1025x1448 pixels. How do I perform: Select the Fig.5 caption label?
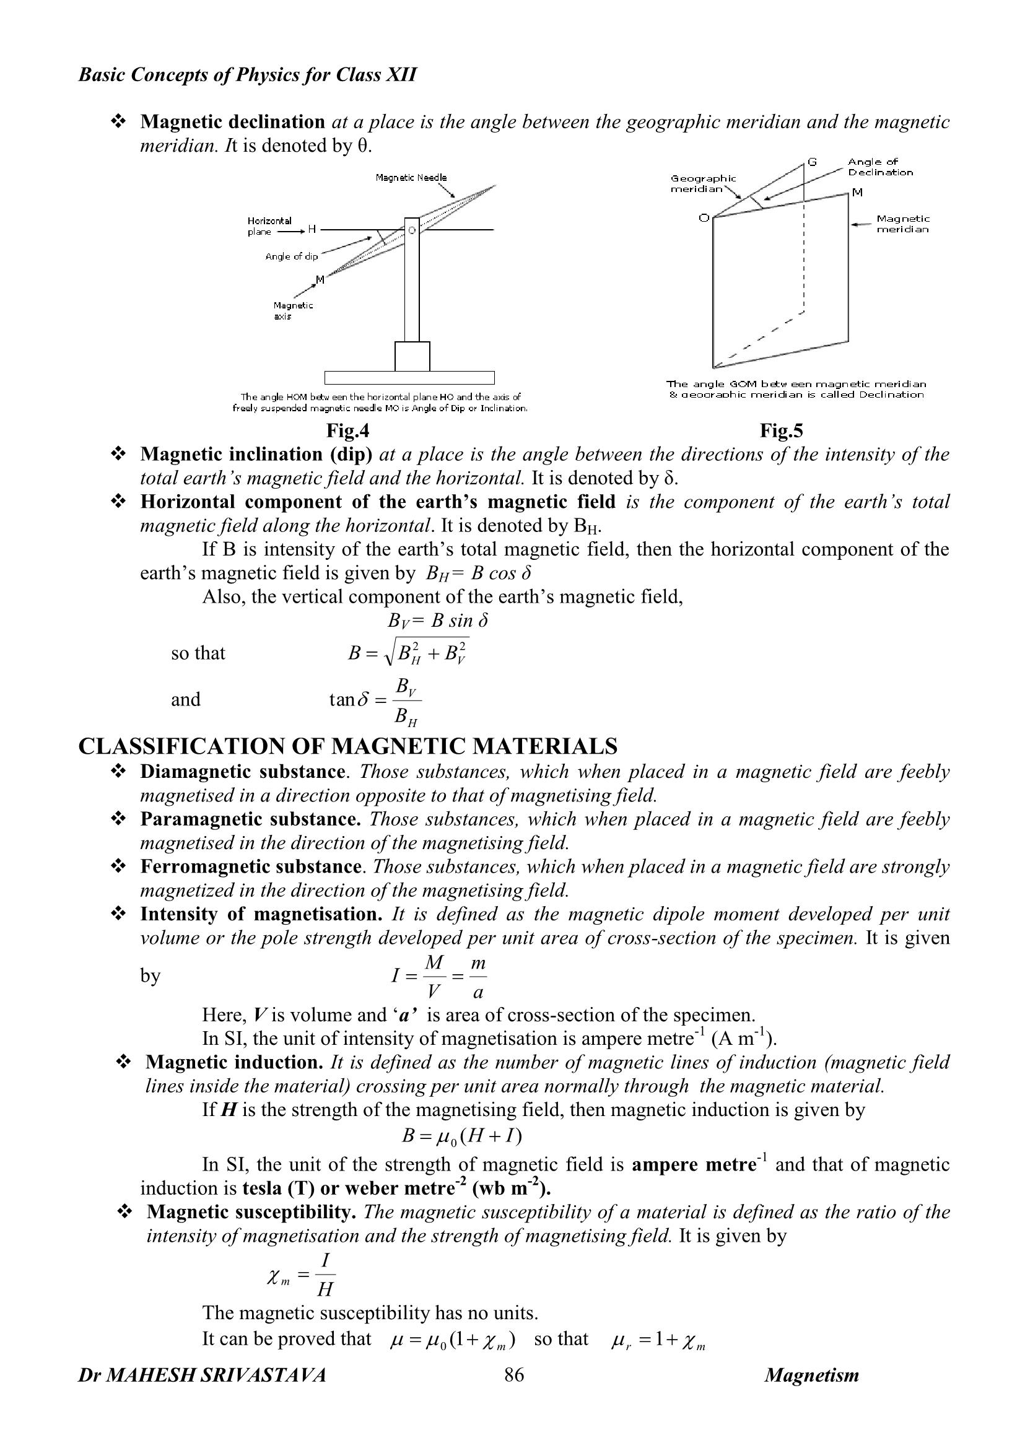[782, 430]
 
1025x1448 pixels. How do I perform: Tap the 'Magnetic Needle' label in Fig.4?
[411, 178]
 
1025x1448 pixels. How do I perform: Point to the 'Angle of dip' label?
[292, 256]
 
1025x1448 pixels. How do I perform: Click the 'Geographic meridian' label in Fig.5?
[703, 184]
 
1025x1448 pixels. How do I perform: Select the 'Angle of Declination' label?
[880, 167]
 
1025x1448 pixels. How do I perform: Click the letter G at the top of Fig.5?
[813, 162]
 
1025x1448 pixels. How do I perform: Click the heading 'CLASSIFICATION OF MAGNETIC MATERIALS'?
[348, 747]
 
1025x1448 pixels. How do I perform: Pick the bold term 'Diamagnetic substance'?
[243, 772]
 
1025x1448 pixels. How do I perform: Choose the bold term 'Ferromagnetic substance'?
[250, 866]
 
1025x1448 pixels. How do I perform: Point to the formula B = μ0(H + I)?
[461, 1136]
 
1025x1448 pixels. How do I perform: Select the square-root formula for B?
[409, 653]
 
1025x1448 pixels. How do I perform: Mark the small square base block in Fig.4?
[412, 356]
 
